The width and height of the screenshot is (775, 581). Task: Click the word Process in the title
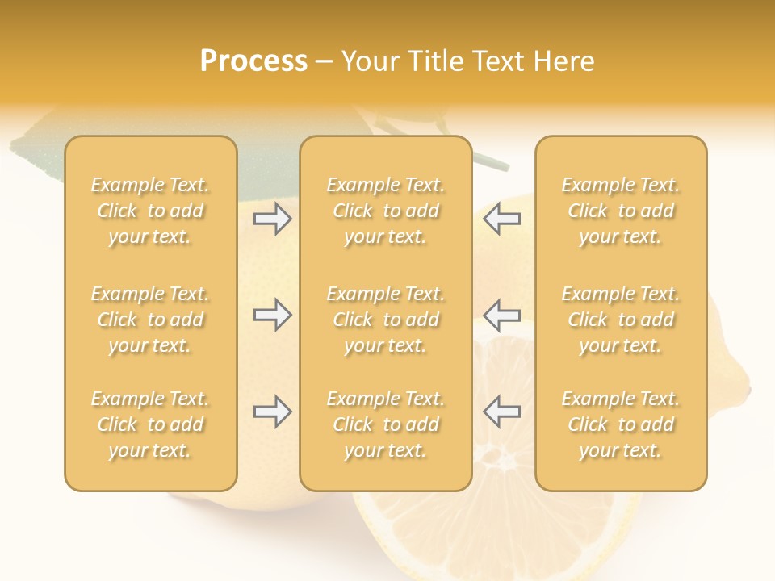click(x=253, y=61)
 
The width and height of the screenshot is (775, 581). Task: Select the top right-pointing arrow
click(x=272, y=219)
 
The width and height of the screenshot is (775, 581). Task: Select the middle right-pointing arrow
click(x=272, y=315)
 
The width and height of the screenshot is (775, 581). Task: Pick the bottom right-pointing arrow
click(x=272, y=412)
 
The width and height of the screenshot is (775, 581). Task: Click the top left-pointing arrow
click(x=501, y=219)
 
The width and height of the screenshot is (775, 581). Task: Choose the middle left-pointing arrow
click(x=501, y=315)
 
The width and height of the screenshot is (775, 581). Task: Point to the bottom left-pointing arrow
click(x=501, y=412)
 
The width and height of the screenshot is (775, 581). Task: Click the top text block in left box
click(x=150, y=211)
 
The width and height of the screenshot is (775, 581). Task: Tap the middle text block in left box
click(x=150, y=320)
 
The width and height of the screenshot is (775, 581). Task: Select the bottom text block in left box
click(x=150, y=424)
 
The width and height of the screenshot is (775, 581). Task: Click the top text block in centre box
click(x=386, y=211)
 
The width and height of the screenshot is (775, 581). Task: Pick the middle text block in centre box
click(x=386, y=320)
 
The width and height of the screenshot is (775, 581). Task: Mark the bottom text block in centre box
click(x=386, y=424)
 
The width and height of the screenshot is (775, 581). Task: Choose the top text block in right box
click(x=621, y=211)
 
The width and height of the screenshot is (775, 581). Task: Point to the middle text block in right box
click(x=621, y=320)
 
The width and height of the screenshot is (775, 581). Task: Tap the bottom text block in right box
click(x=621, y=424)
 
